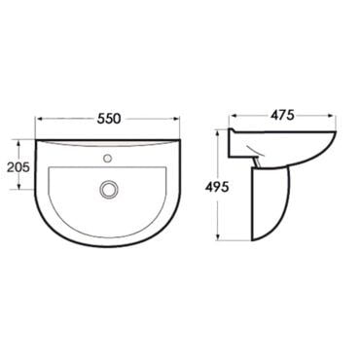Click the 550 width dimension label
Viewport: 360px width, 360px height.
click(x=109, y=119)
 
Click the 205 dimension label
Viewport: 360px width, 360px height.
click(x=18, y=167)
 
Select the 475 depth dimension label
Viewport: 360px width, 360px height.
click(x=282, y=115)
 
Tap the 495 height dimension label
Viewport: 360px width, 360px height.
click(x=217, y=187)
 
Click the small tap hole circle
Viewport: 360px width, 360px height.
click(x=107, y=159)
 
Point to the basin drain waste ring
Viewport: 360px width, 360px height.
click(x=108, y=190)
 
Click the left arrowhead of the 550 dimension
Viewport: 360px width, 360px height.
click(x=39, y=119)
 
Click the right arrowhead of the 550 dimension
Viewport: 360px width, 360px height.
click(x=175, y=119)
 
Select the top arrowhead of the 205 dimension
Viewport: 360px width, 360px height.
click(x=19, y=143)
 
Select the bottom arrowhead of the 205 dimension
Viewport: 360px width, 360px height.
click(x=19, y=186)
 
